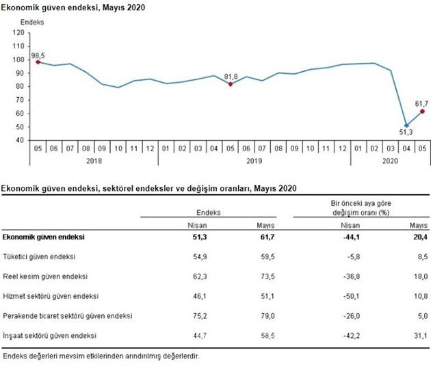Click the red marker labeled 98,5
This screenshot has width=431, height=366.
click(38, 62)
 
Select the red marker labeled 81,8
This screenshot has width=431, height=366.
click(231, 84)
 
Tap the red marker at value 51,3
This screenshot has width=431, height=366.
click(406, 125)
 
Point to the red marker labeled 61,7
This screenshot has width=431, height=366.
click(422, 111)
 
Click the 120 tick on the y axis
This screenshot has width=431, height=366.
click(18, 32)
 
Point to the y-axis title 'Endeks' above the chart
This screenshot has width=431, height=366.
click(32, 23)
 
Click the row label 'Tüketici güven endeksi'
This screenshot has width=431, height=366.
click(39, 257)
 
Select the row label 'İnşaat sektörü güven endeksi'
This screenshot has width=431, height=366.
click(49, 336)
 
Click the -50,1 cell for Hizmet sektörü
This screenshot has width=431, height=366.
click(350, 296)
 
